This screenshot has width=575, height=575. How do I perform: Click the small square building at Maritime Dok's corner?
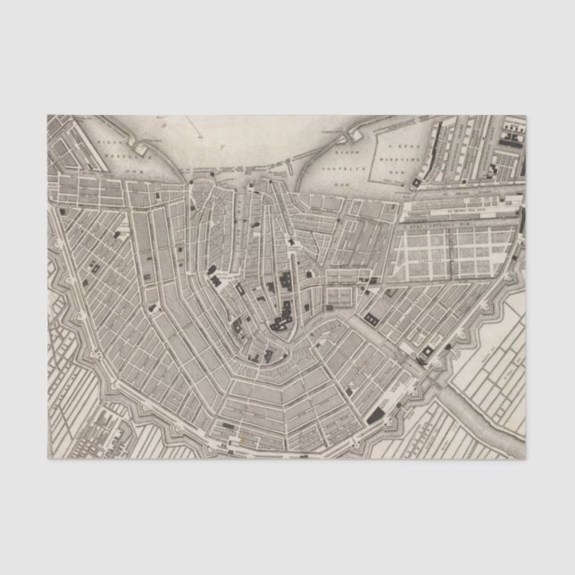(417, 181)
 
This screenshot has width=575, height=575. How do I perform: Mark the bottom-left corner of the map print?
(48, 459)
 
